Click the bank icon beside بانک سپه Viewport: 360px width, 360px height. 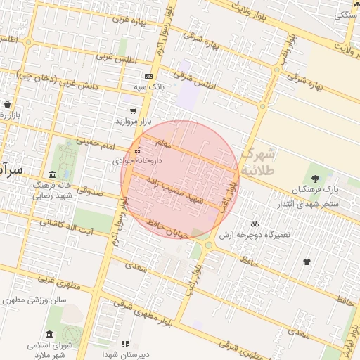pyautogui.click(x=148, y=76)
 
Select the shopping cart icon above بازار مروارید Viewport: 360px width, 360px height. pyautogui.click(x=133, y=110)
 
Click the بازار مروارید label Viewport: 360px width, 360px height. pyautogui.click(x=133, y=122)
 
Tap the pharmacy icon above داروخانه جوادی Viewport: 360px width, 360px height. pyautogui.click(x=138, y=150)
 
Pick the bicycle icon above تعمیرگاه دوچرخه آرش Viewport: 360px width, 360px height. pyautogui.click(x=255, y=223)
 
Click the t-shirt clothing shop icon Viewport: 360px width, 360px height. pyautogui.click(x=307, y=262)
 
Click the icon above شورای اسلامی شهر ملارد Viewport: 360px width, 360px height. pyautogui.click(x=49, y=334)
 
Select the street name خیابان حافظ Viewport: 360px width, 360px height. pyautogui.click(x=168, y=230)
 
